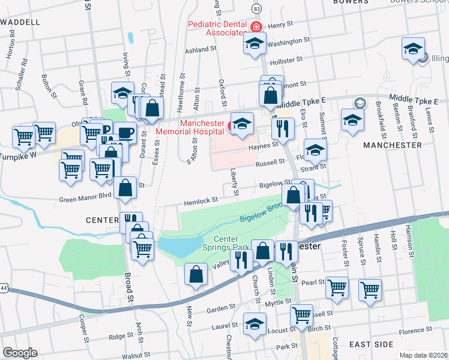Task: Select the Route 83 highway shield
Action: pyautogui.click(x=257, y=9)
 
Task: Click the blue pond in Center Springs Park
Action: pyautogui.click(x=180, y=245)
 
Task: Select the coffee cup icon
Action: pyautogui.click(x=125, y=133)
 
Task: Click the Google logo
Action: pyautogui.click(x=19, y=353)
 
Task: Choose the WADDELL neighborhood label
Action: pyautogui.click(x=21, y=22)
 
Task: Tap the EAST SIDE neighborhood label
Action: pyautogui.click(x=371, y=344)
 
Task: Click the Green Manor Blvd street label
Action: pyautogui.click(x=85, y=199)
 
